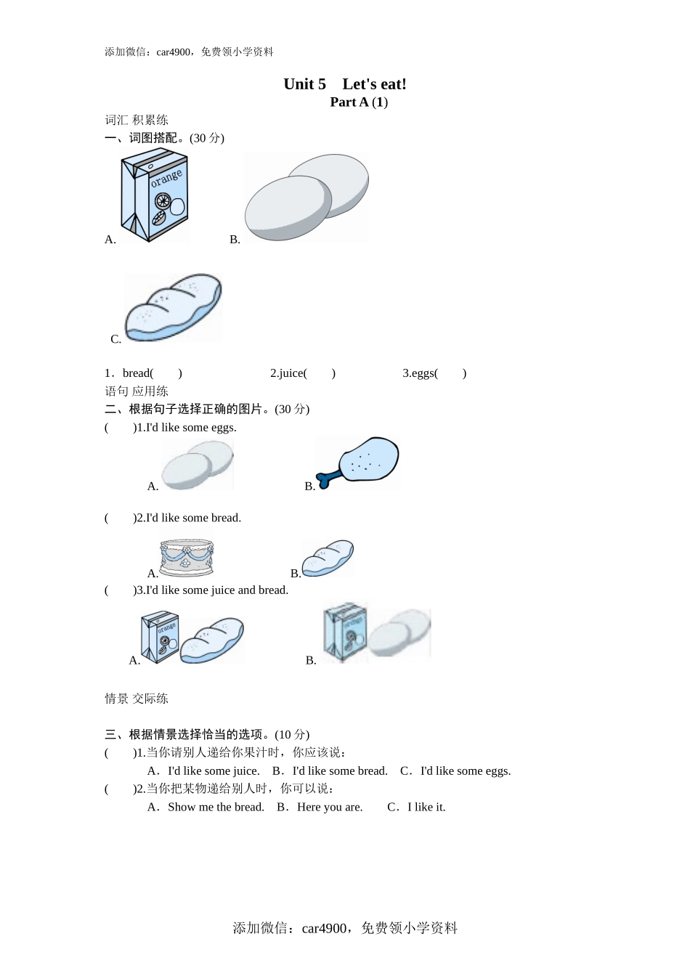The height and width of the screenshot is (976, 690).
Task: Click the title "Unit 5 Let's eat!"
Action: coord(345,84)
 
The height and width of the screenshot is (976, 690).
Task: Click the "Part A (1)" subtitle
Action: coord(359,102)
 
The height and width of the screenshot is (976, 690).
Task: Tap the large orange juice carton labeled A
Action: coord(155,195)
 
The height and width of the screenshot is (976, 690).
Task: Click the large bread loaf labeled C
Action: coord(173,307)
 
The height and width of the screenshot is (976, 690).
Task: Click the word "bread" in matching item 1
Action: coord(137,373)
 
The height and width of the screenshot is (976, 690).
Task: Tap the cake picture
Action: coord(187,556)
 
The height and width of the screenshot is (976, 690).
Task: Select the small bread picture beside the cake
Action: coord(328,558)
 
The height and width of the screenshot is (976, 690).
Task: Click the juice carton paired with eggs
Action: coord(346,633)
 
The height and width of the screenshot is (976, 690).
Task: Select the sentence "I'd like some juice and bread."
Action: coord(217,590)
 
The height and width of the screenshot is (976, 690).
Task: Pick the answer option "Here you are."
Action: coord(329,807)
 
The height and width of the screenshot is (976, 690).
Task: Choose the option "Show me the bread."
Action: coord(216,807)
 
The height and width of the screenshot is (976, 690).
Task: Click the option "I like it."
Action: coord(426,807)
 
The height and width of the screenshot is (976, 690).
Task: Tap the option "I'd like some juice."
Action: coord(214,771)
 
